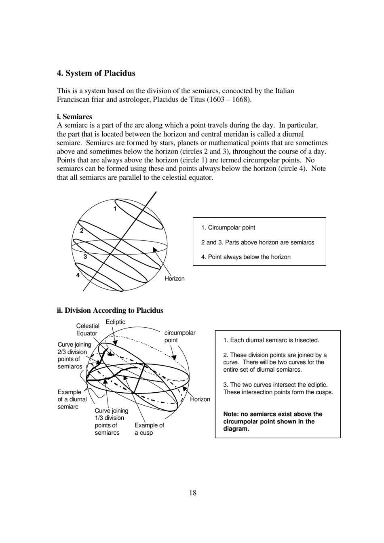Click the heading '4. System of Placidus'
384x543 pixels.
tap(96, 73)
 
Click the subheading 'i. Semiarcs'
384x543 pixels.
tap(74, 117)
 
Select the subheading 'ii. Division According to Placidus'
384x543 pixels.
tap(110, 310)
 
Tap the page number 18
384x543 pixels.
tap(192, 492)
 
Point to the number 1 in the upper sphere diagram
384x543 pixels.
tap(115, 208)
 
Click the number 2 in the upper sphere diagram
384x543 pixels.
tap(82, 231)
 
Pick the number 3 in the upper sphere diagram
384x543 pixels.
tap(85, 257)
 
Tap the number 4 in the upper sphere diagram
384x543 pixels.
tap(78, 275)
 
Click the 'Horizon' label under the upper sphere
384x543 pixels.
tap(174, 278)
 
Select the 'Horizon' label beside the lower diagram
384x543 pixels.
tap(200, 399)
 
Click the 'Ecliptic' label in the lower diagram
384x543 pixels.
tap(116, 322)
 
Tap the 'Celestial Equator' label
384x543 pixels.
tap(87, 330)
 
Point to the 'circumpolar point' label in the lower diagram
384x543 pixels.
tap(179, 336)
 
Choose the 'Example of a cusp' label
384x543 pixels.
tap(149, 429)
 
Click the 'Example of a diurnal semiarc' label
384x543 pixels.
tap(72, 399)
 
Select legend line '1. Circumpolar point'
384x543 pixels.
tap(228, 227)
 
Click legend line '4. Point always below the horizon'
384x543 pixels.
tap(246, 257)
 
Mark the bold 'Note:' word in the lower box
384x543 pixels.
tap(231, 414)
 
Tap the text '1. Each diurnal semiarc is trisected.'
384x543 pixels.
tap(271, 340)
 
